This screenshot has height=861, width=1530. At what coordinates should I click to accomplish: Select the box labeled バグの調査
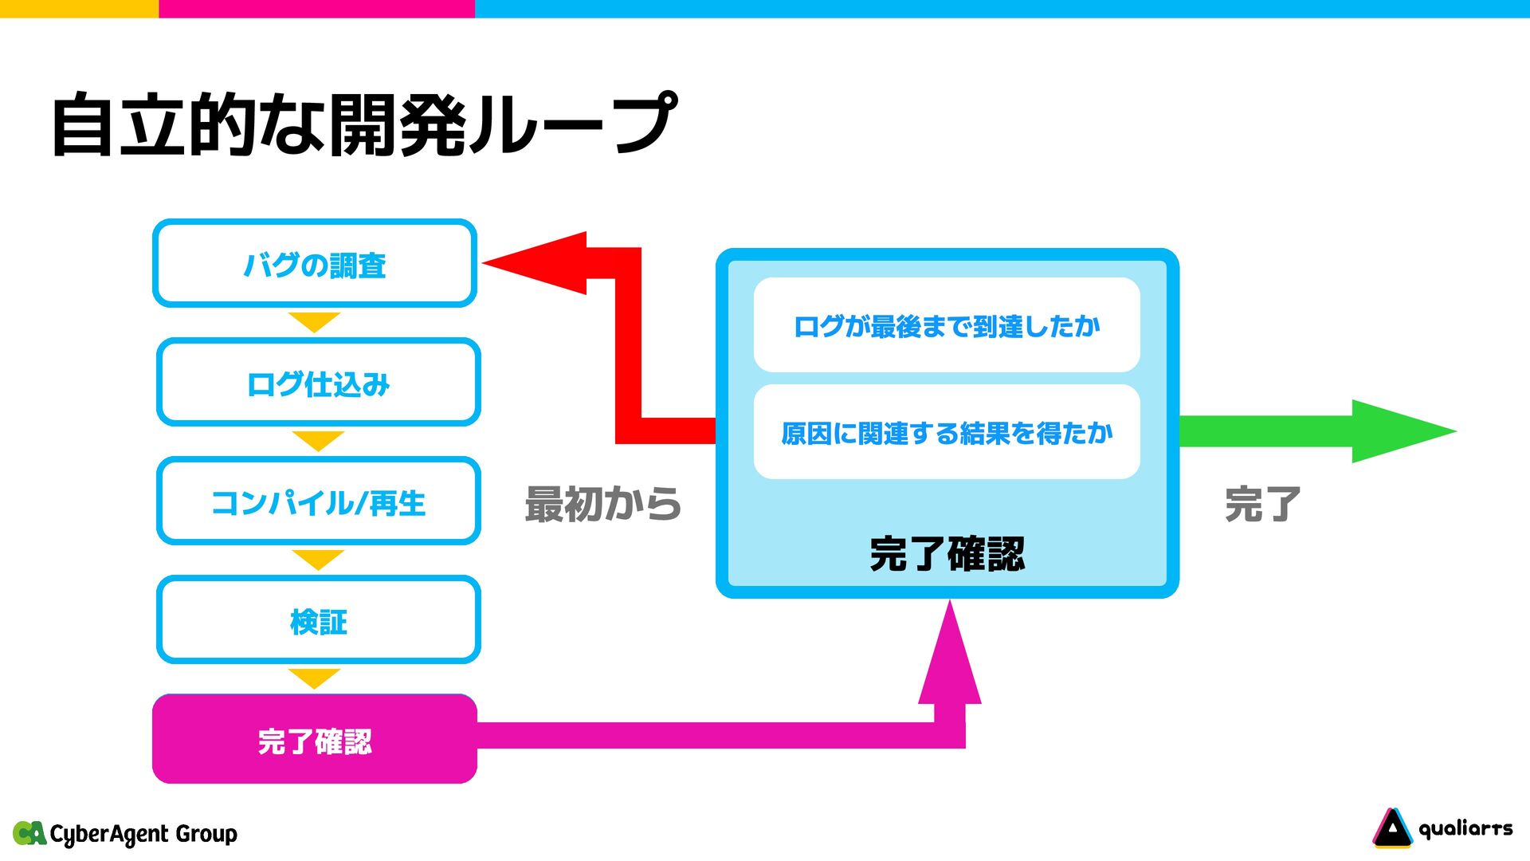click(x=315, y=264)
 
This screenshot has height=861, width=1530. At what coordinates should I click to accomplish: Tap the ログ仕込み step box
click(x=318, y=383)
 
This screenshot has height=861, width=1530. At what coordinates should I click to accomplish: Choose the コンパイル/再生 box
click(x=318, y=501)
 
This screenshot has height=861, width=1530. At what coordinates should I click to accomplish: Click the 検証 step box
click(x=318, y=620)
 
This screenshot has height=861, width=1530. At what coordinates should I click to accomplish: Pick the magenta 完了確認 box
click(x=315, y=740)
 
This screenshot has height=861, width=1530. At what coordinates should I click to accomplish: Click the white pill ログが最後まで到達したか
click(x=947, y=324)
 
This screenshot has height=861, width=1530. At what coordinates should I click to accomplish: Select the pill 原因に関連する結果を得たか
click(x=947, y=432)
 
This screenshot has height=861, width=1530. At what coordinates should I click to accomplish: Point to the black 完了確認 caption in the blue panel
click(x=947, y=553)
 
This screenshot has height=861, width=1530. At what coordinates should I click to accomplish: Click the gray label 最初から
click(x=602, y=504)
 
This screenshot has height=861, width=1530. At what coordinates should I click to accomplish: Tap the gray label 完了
click(x=1262, y=504)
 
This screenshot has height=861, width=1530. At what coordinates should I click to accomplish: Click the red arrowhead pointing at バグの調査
click(x=542, y=263)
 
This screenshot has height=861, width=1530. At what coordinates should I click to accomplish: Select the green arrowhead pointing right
click(x=1399, y=431)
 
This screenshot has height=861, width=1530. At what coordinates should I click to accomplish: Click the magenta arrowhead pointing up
click(x=950, y=658)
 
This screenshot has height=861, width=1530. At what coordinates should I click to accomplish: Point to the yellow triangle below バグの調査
click(x=315, y=320)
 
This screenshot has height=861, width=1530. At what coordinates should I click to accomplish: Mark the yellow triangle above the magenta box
click(x=315, y=677)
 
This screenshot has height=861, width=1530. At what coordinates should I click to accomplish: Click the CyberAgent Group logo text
click(x=143, y=834)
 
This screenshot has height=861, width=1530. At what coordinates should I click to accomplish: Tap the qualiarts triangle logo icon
click(x=1391, y=828)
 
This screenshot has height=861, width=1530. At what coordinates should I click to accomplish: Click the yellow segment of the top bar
click(x=79, y=8)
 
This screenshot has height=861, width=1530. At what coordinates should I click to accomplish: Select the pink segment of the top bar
click(x=316, y=8)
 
